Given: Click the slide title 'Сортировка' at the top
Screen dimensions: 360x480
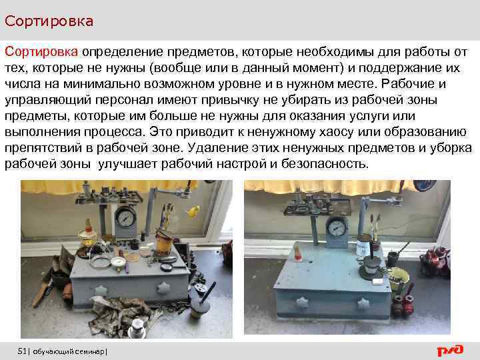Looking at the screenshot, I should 49,21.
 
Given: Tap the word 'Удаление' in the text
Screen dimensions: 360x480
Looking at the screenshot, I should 217,148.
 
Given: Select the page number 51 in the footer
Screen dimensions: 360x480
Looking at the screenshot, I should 23,351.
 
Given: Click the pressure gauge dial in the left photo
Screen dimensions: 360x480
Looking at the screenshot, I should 125,219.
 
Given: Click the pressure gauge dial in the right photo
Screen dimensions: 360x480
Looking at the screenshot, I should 337,227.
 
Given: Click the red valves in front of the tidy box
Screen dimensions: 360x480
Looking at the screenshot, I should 401,303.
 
